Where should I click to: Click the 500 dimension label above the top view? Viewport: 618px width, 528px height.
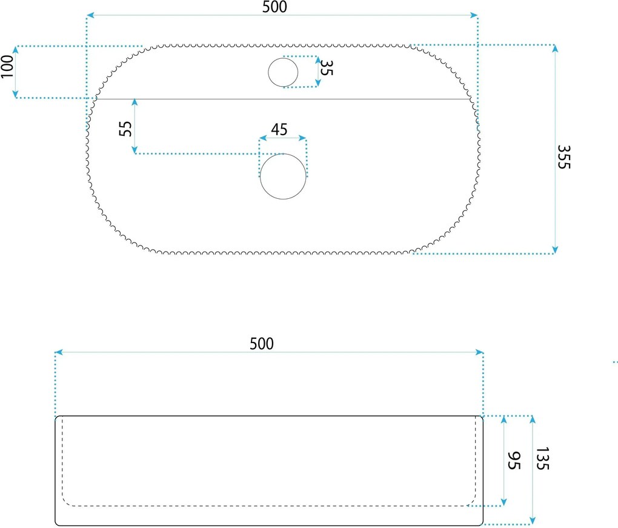pos(274,7)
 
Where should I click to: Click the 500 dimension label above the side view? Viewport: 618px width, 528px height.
pos(262,344)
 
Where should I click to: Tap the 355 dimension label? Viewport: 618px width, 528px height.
pos(564,157)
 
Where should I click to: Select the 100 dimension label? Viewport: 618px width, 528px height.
pos(7,66)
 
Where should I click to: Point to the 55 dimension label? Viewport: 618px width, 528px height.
pos(125,129)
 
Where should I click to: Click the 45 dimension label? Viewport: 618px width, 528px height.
pos(279,129)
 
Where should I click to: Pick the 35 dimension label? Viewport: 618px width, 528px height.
pos(327,67)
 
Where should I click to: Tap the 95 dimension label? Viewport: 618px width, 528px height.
pos(514,461)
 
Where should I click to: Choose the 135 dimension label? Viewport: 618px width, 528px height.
pos(543,458)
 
